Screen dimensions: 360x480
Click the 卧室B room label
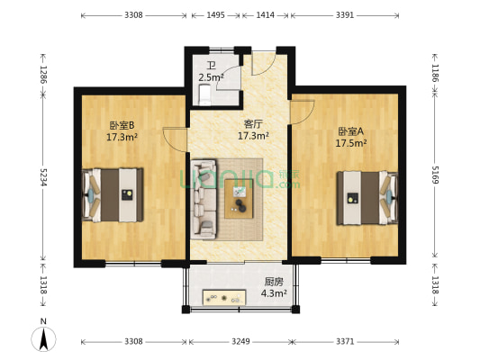coord(122,125)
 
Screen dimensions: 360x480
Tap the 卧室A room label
coord(350,130)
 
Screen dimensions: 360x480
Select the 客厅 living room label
coord(253,124)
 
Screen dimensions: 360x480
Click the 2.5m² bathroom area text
coord(210,77)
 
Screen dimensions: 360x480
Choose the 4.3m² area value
coord(274,292)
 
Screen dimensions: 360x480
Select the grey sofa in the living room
coord(204,199)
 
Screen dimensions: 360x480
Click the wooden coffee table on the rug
coord(240,197)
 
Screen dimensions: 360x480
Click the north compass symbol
coord(43,337)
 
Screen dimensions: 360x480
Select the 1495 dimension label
coord(215,15)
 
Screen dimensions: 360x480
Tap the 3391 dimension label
coord(343,15)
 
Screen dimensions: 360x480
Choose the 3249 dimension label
coord(240,342)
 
